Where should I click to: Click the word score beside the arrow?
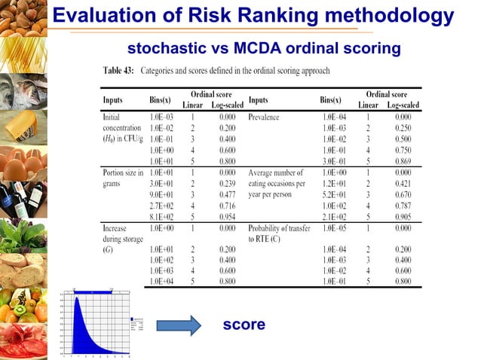(x=244, y=325)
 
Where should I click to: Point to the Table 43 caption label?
(x=119, y=71)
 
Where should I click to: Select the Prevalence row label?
(x=264, y=118)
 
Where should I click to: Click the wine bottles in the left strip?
(x=23, y=197)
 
